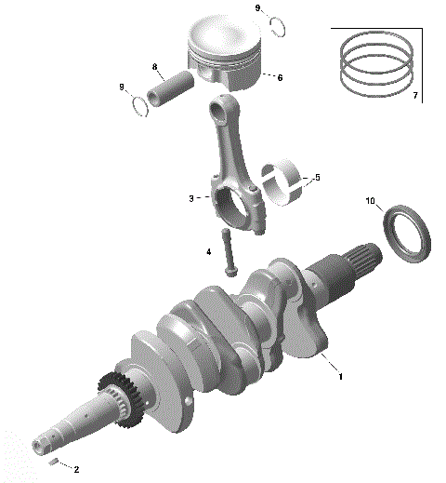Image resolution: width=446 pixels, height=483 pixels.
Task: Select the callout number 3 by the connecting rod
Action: coord(190,198)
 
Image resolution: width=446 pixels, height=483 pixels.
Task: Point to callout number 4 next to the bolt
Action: coord(208,251)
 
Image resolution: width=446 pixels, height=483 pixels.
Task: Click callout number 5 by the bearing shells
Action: coord(317,177)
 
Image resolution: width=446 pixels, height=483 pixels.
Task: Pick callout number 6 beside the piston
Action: coord(279,78)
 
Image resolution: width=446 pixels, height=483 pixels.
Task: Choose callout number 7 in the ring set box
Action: coord(414,96)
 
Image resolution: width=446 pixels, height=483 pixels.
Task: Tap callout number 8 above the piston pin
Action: coord(155,67)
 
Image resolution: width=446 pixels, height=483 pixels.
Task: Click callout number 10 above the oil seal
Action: coord(370,201)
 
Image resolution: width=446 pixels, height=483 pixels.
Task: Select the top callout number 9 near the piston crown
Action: coord(258,7)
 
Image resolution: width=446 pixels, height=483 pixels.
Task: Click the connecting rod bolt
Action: coord(228,252)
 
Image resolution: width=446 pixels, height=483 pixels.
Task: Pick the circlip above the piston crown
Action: coord(274,24)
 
